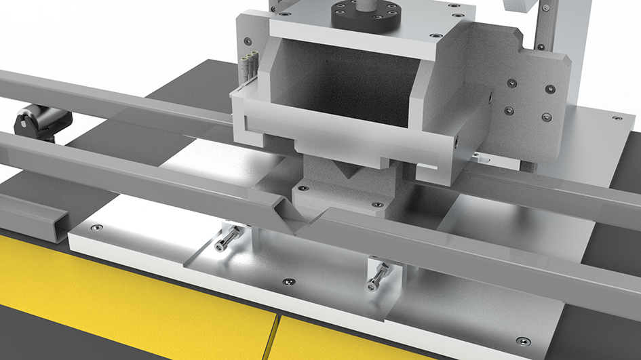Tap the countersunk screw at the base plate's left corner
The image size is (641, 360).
coord(97,228)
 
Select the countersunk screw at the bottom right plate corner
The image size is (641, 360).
coord(520,340)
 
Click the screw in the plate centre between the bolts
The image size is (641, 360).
coord(290,281)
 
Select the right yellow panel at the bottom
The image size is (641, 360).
coord(339,342)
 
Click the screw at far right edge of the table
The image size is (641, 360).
coord(617,118)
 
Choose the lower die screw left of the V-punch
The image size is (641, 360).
coord(303,188)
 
